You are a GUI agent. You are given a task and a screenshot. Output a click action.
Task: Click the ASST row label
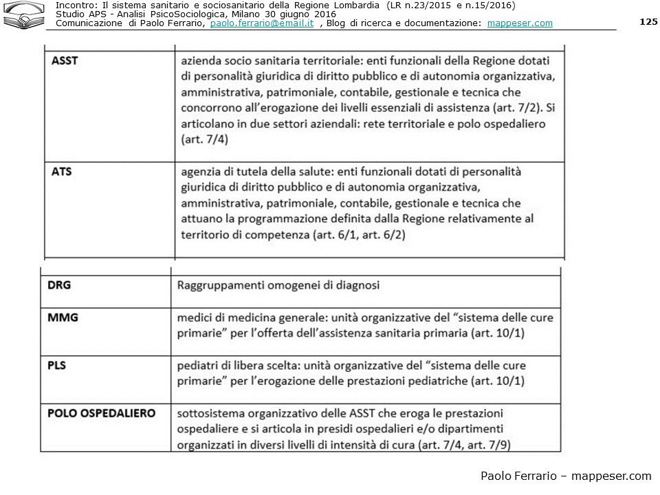65,60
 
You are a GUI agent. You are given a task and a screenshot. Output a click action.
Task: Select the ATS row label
61,172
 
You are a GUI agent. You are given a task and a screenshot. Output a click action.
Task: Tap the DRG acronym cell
59,285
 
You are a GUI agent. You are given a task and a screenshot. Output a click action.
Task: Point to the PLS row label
57,365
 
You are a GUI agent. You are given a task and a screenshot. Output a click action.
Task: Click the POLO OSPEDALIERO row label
101,413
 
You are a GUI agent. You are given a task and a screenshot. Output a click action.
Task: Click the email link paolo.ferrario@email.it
262,23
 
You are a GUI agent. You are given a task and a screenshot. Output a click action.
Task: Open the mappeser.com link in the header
520,23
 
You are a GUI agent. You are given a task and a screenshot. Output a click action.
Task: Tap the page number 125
648,21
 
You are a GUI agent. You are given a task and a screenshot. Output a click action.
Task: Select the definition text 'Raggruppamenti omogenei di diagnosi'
278,285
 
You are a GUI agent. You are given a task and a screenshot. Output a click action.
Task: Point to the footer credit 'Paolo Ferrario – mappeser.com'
565,476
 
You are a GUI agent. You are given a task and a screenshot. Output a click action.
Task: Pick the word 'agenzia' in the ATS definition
200,172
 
